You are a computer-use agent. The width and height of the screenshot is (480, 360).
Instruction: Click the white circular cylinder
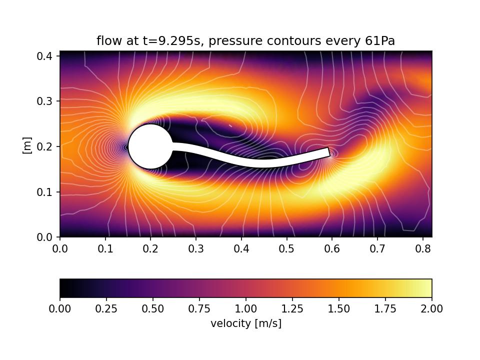[x=150, y=146]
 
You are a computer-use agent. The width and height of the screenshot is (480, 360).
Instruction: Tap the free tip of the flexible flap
[x=328, y=152]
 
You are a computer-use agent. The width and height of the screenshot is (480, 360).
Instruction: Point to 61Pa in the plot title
[x=381, y=41]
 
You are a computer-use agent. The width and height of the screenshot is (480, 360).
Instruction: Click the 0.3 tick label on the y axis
[x=46, y=101]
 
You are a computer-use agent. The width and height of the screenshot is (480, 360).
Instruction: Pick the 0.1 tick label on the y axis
[x=46, y=192]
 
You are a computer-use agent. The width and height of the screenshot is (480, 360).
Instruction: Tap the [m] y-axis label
[x=27, y=145]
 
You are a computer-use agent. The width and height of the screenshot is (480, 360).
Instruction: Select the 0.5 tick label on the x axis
[x=286, y=248]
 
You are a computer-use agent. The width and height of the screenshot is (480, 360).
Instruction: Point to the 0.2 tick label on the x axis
[x=150, y=248]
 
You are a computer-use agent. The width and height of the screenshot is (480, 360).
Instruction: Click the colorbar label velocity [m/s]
[x=246, y=323]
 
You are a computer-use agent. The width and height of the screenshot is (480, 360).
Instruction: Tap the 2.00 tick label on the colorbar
[x=431, y=309]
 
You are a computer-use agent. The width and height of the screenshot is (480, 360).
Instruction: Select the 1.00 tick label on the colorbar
[x=246, y=309]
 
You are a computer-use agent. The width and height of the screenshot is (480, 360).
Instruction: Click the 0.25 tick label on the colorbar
[x=106, y=309]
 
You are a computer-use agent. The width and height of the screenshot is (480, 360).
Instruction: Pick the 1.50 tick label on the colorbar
[x=339, y=309]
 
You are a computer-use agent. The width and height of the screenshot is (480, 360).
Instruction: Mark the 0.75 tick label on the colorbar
[x=199, y=309]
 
